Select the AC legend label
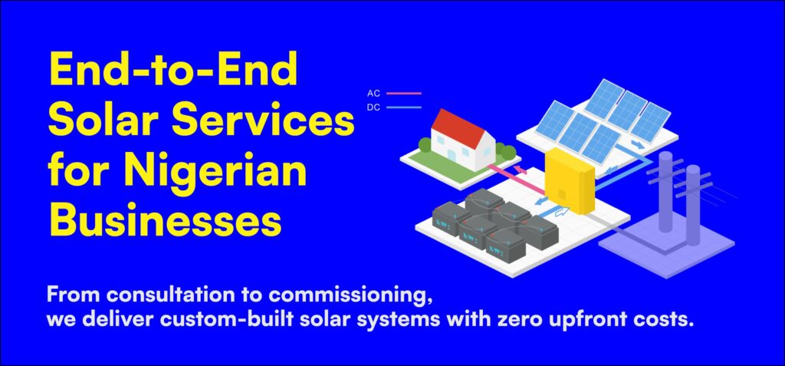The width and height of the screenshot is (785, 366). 373,94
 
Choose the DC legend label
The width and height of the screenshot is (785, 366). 373,107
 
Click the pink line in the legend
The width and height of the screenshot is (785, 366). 403,94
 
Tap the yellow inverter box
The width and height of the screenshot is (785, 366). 570,180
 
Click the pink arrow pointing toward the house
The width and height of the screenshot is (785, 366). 521,171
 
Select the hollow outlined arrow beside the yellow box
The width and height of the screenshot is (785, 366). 562,211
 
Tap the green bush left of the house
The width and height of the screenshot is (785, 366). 425,145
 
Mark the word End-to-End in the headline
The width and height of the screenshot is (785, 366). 174,70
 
